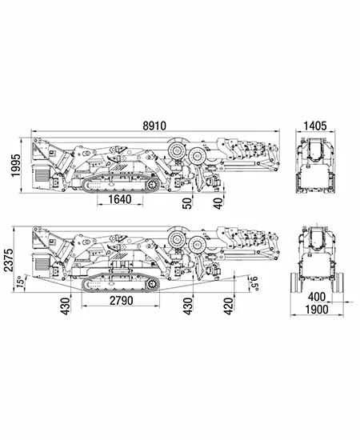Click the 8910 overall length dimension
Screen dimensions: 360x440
click(x=154, y=126)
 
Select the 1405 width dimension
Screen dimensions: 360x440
click(x=315, y=126)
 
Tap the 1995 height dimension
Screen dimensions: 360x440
click(x=16, y=165)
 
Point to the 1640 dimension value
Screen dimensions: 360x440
click(x=120, y=199)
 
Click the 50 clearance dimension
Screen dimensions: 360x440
click(x=188, y=203)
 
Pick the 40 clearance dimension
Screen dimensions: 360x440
click(x=219, y=203)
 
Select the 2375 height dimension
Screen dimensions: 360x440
click(x=9, y=259)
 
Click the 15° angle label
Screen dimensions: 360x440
click(x=20, y=282)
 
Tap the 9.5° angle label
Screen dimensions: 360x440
click(x=254, y=283)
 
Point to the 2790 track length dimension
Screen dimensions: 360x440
click(x=122, y=301)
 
